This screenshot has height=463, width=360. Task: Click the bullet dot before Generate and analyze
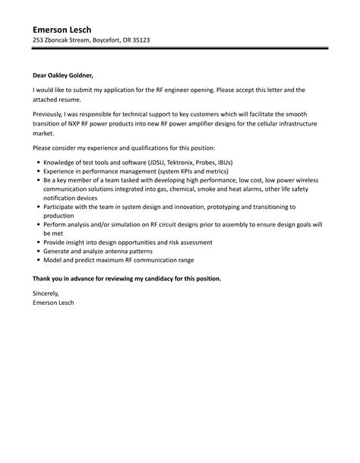pos(37,251)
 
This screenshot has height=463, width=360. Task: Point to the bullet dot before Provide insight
pos(37,241)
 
